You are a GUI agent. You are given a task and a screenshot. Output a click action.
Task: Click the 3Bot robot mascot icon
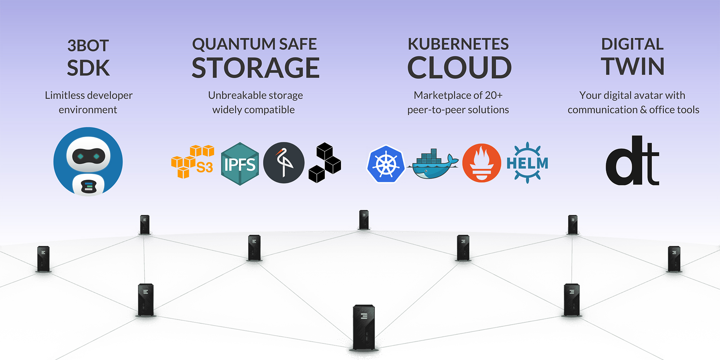click(x=88, y=161)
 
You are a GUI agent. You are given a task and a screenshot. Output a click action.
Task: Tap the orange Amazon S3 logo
click(x=193, y=162)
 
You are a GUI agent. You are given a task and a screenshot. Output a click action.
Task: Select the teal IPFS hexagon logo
click(x=240, y=164)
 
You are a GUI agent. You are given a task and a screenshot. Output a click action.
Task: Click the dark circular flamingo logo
click(x=284, y=163)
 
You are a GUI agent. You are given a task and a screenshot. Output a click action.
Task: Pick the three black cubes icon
click(x=325, y=163)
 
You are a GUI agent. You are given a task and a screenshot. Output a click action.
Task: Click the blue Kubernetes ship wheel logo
click(x=386, y=164)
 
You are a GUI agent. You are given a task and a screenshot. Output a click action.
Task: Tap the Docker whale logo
click(x=433, y=164)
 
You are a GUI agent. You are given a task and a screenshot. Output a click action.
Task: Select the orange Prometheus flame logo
click(x=482, y=163)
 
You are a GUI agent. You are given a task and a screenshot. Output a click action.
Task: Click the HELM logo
click(x=527, y=163)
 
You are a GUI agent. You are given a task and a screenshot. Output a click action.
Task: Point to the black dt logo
click(x=633, y=161)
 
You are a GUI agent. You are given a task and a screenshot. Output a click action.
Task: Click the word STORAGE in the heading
click(x=256, y=68)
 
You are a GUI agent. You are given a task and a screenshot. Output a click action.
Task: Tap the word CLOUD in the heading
click(x=459, y=68)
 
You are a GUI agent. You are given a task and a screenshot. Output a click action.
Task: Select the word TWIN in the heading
click(x=633, y=67)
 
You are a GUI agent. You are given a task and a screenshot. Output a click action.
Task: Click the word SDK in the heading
click(x=88, y=68)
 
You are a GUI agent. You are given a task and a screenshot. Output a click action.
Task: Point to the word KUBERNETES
click(x=458, y=44)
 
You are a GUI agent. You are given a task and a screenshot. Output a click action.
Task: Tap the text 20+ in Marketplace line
click(x=494, y=95)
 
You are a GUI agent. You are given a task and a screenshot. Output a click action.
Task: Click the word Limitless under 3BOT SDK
click(x=64, y=95)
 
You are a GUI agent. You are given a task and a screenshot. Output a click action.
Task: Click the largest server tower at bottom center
click(x=364, y=328)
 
